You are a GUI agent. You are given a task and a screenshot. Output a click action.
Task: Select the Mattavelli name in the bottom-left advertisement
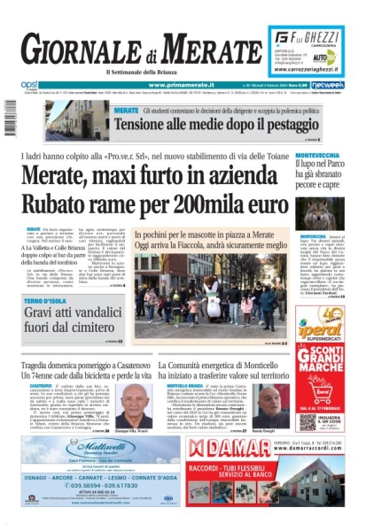77,445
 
